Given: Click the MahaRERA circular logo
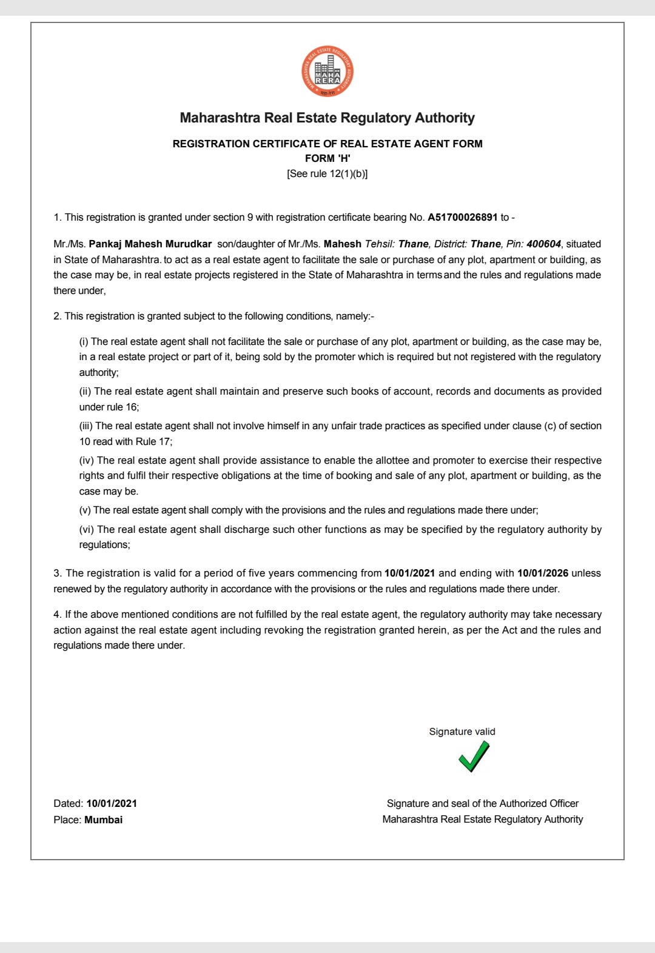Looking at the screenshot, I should click(x=327, y=72).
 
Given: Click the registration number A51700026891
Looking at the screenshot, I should click(x=463, y=217).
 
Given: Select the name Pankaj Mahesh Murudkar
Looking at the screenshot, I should click(x=150, y=244).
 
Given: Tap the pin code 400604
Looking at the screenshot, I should click(x=543, y=244).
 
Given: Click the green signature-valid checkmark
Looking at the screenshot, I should click(x=474, y=757).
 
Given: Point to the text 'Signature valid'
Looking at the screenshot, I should click(x=462, y=731).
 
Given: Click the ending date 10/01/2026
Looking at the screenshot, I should click(x=543, y=573).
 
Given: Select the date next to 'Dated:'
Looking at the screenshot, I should click(x=112, y=803).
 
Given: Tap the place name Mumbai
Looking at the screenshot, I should click(x=104, y=820).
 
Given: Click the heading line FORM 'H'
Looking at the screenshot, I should click(x=327, y=158).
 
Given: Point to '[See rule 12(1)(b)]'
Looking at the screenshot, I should click(x=327, y=173).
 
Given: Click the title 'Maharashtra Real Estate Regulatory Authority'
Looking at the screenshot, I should click(x=327, y=118).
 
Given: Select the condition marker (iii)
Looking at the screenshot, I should click(x=86, y=426).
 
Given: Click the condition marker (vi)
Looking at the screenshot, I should click(x=87, y=529).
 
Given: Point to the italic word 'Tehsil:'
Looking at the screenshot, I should click(x=380, y=244).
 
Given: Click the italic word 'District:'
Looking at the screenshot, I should click(x=451, y=244).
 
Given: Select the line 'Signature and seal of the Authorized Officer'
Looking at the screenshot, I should click(x=483, y=803).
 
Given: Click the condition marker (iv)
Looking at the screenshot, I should click(x=87, y=460).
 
